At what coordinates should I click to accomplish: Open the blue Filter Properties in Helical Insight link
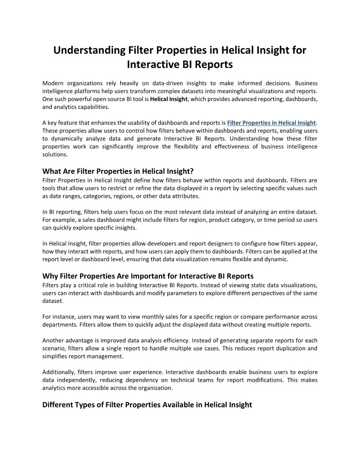pyautogui.click(x=271, y=123)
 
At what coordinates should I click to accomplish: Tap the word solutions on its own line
pyautogui.click(x=55, y=154)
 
